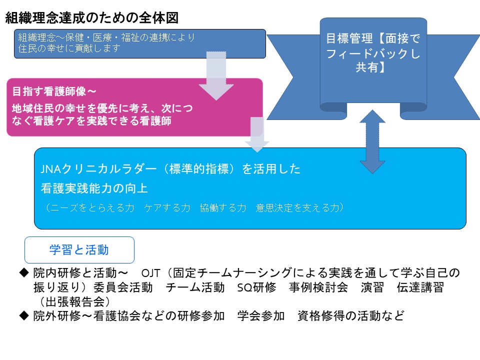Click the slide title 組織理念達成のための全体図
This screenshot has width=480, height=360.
pyautogui.click(x=92, y=18)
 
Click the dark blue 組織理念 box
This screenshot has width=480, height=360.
pyautogui.click(x=139, y=43)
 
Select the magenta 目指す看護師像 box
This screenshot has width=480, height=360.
pyautogui.click(x=134, y=106)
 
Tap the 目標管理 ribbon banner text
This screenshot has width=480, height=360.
pyautogui.click(x=373, y=53)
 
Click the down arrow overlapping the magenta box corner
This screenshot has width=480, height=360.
pyautogui.click(x=257, y=134)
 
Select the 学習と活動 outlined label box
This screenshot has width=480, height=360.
pyautogui.click(x=79, y=249)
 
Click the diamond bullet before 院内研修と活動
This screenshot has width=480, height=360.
pyautogui.click(x=24, y=272)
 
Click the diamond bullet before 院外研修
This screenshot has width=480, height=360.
pyautogui.click(x=24, y=316)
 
